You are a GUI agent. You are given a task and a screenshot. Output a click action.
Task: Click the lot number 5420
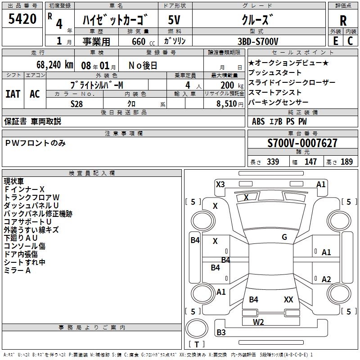[22, 20]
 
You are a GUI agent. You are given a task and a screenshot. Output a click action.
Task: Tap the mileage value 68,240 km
[52, 64]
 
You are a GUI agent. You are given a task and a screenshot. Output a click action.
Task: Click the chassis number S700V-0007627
[302, 143]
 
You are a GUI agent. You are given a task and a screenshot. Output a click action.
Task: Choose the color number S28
[77, 104]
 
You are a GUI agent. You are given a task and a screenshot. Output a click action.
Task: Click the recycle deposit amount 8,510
[226, 104]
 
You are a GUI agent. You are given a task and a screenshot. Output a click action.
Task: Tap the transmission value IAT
[13, 94]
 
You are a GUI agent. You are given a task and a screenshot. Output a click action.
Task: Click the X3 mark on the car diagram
[220, 184]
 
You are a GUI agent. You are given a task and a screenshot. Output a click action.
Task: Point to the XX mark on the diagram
[288, 299]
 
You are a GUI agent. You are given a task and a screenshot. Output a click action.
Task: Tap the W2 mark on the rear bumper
[258, 322]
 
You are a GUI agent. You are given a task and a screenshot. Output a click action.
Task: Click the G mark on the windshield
[284, 237]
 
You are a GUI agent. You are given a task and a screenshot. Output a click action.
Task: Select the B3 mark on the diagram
[221, 333]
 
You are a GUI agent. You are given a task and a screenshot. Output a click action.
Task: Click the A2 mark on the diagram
[326, 279]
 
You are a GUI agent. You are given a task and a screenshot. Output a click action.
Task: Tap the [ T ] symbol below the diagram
[197, 344]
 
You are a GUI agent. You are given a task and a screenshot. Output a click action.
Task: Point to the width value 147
[310, 162]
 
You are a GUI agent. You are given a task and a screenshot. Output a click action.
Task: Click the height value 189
[347, 162]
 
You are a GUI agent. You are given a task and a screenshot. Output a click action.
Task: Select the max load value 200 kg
[229, 85]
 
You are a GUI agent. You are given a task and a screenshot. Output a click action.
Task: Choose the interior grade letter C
[350, 41]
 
